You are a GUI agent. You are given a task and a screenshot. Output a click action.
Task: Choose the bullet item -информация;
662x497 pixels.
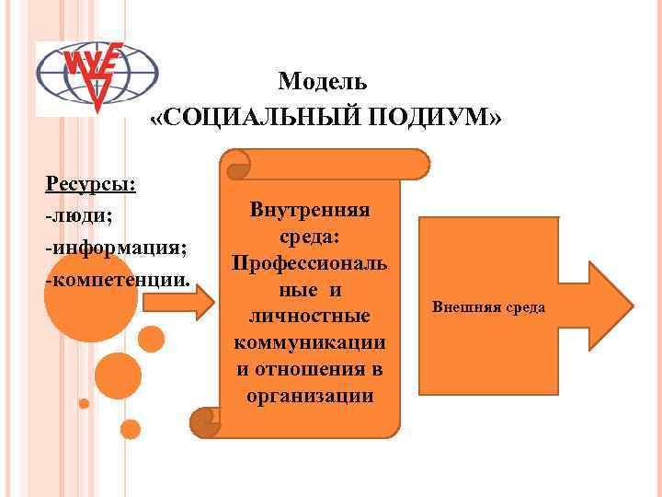[116, 247]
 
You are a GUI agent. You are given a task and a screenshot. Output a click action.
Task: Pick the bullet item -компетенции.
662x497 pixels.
[118, 278]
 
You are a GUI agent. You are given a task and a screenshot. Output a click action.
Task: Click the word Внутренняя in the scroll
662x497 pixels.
[309, 209]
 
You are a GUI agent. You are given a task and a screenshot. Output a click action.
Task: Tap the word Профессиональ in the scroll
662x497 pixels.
[309, 262]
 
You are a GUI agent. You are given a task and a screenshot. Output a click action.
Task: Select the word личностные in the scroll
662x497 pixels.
[309, 316]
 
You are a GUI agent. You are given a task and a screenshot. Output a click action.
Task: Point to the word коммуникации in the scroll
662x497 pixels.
[309, 342]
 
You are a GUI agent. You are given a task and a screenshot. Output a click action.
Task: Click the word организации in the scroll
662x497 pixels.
[309, 396]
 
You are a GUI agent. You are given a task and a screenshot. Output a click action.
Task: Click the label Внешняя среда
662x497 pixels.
[488, 306]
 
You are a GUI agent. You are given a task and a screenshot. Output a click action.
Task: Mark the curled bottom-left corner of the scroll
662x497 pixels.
[204, 422]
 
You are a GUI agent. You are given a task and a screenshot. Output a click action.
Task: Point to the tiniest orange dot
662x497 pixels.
[84, 403]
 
